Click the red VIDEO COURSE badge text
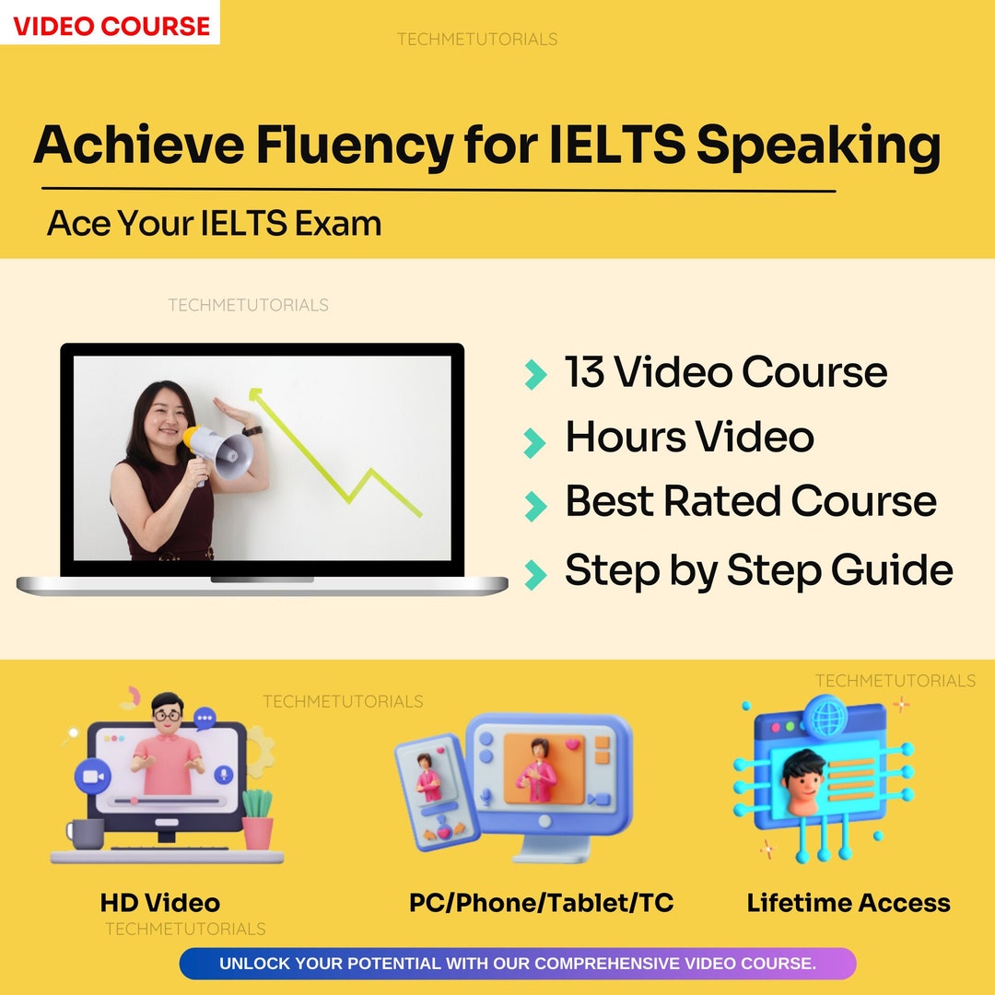[111, 25]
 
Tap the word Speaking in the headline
[818, 146]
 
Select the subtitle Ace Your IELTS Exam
[214, 223]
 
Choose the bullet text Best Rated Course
[750, 501]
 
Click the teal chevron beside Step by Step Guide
[534, 572]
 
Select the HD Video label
[160, 903]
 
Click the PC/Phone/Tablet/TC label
[541, 903]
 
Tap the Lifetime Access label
[849, 903]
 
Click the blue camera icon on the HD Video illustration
[92, 776]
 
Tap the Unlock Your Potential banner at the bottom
[517, 964]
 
